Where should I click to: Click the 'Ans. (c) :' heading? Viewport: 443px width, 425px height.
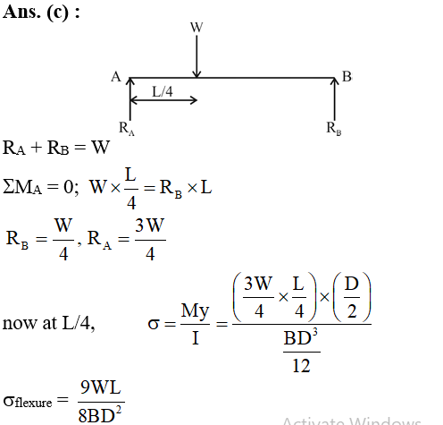(x=41, y=13)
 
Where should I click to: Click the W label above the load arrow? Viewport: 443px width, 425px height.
(x=196, y=27)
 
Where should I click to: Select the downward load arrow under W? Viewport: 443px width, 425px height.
(x=196, y=56)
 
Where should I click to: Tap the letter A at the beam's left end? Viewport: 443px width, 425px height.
(x=116, y=77)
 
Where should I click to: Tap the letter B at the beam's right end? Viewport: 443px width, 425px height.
(x=347, y=76)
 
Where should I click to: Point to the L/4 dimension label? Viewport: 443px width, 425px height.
(x=163, y=91)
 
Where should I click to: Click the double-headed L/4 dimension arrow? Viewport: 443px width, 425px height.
(x=163, y=100)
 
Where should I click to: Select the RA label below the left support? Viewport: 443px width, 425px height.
(x=127, y=129)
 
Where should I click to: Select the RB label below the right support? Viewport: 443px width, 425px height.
(x=334, y=129)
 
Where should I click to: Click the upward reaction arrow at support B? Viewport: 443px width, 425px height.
(x=335, y=99)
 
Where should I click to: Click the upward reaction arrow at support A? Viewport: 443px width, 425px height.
(x=130, y=99)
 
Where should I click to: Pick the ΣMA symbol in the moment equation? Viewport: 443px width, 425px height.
(x=22, y=187)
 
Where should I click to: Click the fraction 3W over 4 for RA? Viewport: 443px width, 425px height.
(x=150, y=240)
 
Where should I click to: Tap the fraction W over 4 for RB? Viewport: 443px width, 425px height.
(x=63, y=240)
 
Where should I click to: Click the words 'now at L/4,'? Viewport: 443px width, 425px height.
(x=48, y=323)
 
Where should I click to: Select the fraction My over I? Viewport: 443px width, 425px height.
(x=195, y=324)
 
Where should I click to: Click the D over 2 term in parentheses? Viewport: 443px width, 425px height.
(x=352, y=298)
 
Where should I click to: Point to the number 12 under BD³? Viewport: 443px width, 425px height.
(x=301, y=366)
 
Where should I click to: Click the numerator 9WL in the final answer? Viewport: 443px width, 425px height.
(x=101, y=387)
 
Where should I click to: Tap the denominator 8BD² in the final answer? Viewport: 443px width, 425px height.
(x=100, y=414)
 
